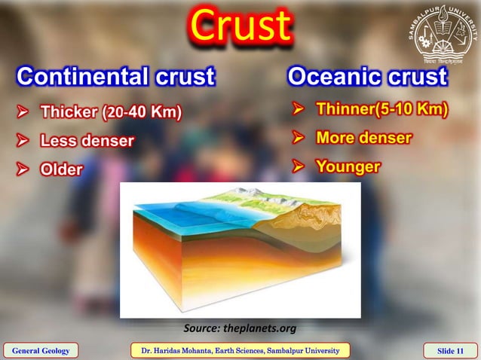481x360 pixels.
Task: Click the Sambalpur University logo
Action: pos(444,34)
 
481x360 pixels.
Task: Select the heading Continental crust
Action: pos(116,76)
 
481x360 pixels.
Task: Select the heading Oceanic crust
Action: pos(367,76)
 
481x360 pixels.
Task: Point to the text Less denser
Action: pos(87,140)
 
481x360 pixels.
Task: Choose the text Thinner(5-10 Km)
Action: pos(382,110)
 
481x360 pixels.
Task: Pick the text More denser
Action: pos(363,138)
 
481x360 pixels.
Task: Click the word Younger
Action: pos(348,166)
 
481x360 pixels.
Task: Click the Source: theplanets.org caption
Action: pos(240,328)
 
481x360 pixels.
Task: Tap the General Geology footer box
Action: pos(41,350)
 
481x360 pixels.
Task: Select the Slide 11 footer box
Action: pos(450,350)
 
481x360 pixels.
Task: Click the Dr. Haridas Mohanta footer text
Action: pos(240,350)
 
